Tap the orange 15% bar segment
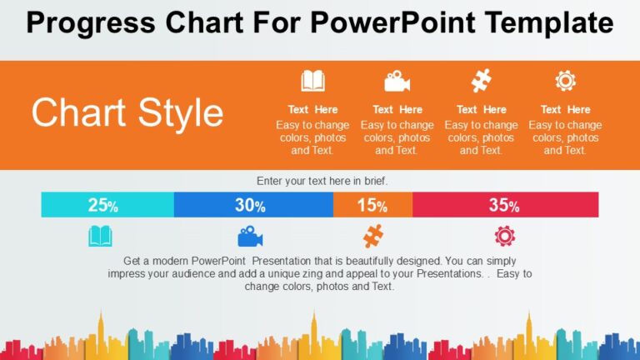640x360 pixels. click(372, 205)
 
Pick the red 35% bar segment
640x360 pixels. click(505, 205)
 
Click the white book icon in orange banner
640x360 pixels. click(313, 81)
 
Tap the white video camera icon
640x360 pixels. click(397, 81)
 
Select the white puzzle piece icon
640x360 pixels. click(482, 81)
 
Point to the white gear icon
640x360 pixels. click(566, 81)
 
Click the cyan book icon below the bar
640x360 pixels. click(100, 237)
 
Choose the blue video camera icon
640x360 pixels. click(251, 237)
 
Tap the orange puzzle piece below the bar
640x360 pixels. click(372, 237)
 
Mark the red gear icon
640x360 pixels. click(505, 237)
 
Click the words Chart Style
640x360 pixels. click(127, 113)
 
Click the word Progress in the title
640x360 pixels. click(77, 23)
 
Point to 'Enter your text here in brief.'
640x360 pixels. click(322, 181)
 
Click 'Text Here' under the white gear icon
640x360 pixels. click(566, 109)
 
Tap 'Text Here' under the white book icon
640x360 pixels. click(313, 109)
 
